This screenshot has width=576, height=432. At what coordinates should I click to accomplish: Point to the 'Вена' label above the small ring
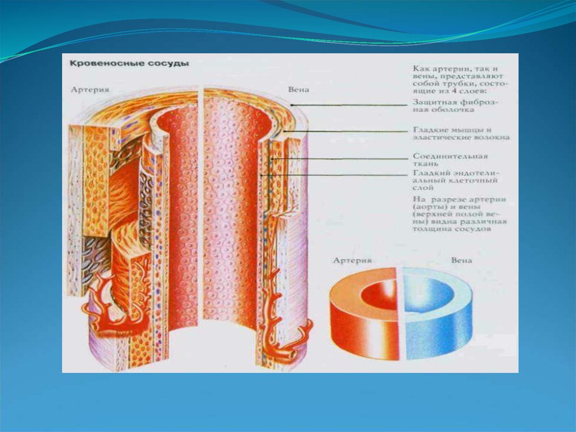click(x=462, y=261)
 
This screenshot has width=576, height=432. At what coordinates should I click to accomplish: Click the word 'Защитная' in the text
click(x=431, y=102)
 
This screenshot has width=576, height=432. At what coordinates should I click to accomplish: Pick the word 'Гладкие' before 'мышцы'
click(x=430, y=129)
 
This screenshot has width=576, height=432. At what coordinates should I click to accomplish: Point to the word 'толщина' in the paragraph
click(x=430, y=230)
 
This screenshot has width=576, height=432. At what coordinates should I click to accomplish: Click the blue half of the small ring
click(x=444, y=315)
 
